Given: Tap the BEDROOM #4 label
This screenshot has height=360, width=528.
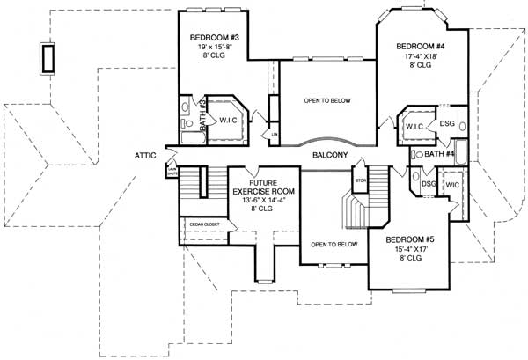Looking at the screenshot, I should point(419,45).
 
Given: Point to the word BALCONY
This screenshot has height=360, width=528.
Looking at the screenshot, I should point(330,155).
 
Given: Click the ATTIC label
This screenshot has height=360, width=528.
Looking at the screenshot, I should point(145,155).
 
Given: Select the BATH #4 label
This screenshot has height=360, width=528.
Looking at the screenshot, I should point(438,155).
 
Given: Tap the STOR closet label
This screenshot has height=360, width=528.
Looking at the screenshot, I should point(359,181).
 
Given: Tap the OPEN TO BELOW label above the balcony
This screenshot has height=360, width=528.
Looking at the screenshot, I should point(327,100).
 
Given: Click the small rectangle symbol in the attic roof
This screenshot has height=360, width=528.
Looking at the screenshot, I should point(47,58).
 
